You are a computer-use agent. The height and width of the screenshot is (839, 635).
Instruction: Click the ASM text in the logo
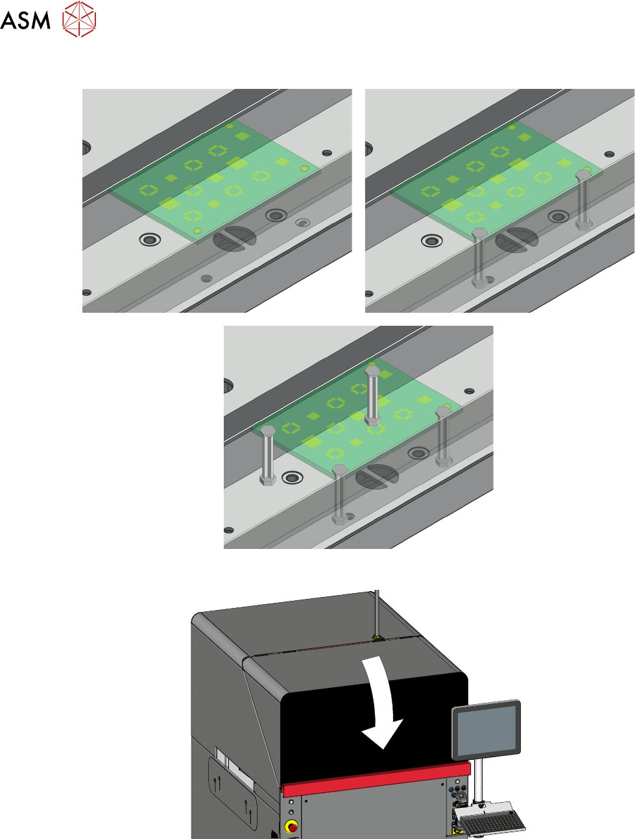pos(25,20)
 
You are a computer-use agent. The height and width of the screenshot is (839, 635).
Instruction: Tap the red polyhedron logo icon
pos(79,19)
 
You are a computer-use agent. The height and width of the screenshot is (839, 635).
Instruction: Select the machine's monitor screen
pos(486,731)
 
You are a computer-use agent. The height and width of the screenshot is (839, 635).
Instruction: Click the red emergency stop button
pos(293,827)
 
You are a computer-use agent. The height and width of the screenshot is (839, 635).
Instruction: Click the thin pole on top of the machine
pos(377,613)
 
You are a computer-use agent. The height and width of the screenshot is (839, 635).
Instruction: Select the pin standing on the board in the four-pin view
pos(372,395)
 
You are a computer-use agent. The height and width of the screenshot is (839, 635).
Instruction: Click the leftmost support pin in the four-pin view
pos(267,456)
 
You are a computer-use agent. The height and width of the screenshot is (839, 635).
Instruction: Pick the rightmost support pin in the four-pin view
pos(443,437)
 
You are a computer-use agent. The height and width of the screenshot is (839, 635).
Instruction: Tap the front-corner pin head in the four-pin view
pos(340,470)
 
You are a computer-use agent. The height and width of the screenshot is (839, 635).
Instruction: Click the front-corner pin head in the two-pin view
pos(479,233)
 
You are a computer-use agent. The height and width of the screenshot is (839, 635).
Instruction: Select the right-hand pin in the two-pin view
pos(583,200)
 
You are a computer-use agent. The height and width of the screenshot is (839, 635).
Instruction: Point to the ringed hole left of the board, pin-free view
pos(150,239)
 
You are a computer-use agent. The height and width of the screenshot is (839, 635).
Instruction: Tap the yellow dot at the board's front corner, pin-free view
pos(197,231)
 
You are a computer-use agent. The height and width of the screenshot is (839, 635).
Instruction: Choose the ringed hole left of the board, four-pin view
pos(293,478)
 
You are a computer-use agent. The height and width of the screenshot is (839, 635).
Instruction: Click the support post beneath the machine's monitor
pos(478,781)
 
